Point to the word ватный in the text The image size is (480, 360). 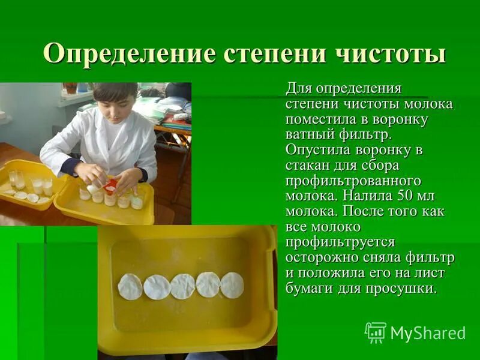(x=308, y=134)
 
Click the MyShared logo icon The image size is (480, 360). (x=376, y=332)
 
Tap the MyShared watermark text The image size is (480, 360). (x=427, y=333)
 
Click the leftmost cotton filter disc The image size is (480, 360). (x=130, y=286)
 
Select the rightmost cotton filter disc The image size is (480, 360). (x=232, y=285)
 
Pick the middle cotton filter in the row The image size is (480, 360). (x=182, y=286)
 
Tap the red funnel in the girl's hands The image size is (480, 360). (x=110, y=186)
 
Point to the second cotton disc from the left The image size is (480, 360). (x=157, y=287)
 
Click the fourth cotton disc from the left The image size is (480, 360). (x=208, y=284)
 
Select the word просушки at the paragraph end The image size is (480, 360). (x=405, y=288)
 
